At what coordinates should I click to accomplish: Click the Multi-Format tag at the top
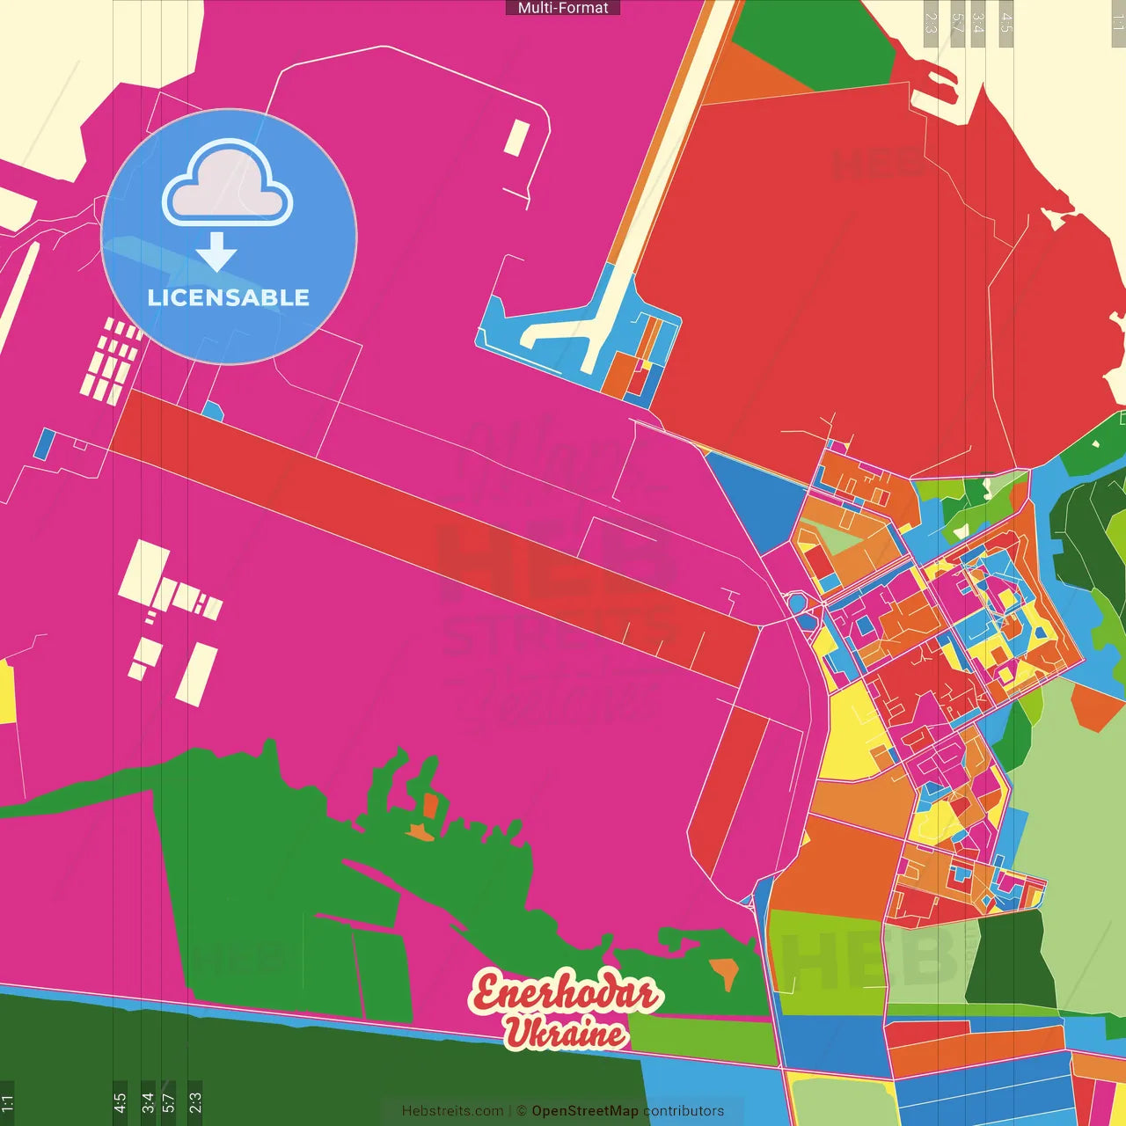coord(563,8)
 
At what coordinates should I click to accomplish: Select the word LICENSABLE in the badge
coord(229,297)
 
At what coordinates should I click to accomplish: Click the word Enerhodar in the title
coord(565,993)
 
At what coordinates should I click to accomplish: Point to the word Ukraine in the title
coord(565,1033)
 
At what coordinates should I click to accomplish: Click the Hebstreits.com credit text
coord(452,1111)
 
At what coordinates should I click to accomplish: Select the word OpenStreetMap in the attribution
coord(585,1111)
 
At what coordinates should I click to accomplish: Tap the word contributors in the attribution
coord(684,1111)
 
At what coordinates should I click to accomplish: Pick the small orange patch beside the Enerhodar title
coord(724,971)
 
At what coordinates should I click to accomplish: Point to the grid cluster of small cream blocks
coord(112,361)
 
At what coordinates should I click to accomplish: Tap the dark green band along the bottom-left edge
coord(264,1073)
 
